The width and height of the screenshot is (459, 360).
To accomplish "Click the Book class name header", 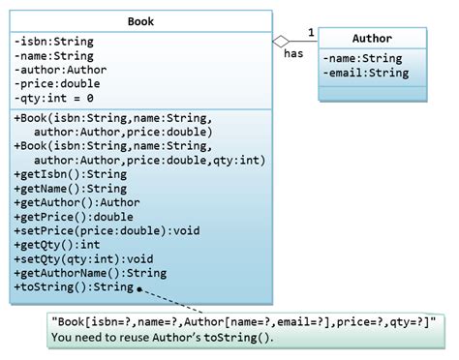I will point(140,20).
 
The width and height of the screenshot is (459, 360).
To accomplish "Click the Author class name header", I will point(371,40).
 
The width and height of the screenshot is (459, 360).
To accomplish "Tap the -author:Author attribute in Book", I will point(61,70).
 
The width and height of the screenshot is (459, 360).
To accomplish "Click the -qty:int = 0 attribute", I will point(55,98).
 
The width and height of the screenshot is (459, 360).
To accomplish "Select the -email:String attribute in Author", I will point(366,73).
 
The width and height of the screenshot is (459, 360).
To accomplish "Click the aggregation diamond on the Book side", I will point(281,41).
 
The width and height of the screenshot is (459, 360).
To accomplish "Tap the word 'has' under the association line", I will point(292,54).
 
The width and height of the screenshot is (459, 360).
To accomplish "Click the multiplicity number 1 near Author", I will point(310,32).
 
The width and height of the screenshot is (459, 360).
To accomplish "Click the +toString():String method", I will point(74,287).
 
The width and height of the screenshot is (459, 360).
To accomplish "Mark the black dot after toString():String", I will point(141,288).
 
